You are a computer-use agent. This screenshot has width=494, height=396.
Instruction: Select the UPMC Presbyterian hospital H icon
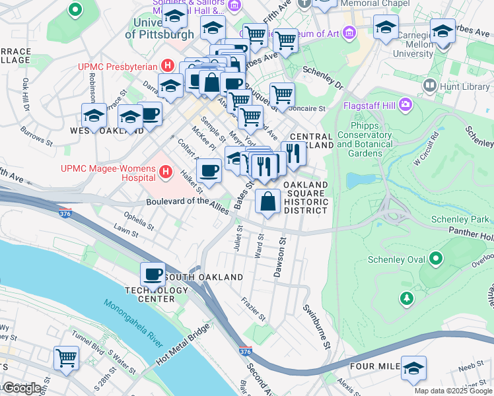168,66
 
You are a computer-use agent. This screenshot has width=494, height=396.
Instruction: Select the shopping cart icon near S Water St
67,358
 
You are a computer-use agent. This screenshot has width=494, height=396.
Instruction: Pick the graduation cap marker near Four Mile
413,368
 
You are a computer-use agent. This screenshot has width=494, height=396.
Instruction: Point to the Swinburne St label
316,327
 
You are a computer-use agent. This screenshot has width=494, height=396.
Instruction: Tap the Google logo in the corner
22,388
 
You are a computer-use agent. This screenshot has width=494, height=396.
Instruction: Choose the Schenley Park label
462,219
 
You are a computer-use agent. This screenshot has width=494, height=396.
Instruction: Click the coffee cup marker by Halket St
209,171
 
